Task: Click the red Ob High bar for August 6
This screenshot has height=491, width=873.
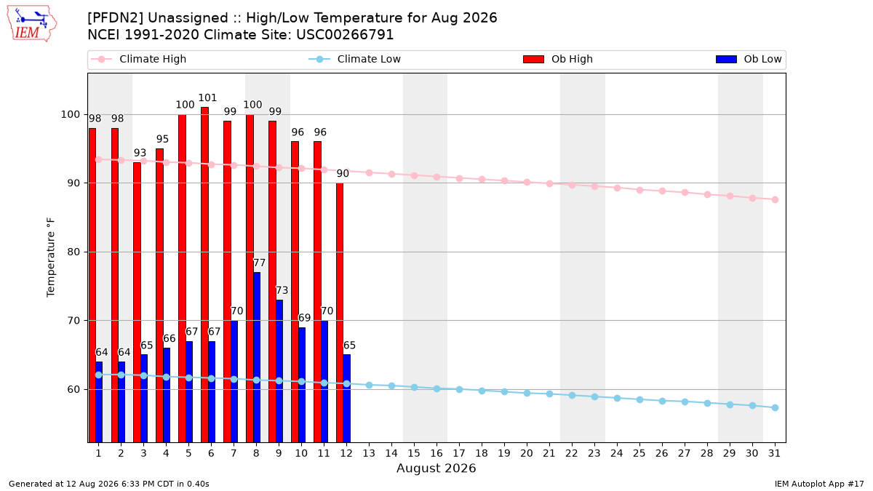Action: point(204,275)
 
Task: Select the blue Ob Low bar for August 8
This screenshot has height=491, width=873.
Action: point(256,357)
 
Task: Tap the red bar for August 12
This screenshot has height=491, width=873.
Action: point(340,313)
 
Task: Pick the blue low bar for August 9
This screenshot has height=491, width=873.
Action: point(279,371)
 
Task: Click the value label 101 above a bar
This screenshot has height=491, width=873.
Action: point(207,97)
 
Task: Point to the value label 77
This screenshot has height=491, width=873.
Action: point(259,263)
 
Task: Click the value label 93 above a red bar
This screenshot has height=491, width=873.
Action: point(140,153)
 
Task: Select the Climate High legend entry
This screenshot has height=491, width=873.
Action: point(139,59)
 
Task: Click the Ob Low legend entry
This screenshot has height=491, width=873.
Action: point(749,59)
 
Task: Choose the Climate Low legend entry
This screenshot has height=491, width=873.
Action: point(355,59)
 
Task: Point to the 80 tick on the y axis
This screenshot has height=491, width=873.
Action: point(73,252)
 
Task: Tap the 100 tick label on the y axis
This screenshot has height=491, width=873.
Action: point(70,115)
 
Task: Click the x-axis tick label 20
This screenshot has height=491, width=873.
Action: point(527,454)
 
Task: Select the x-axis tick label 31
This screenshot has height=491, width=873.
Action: point(774,454)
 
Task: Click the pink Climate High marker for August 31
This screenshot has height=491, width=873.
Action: point(776,199)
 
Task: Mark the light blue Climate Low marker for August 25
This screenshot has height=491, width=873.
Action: point(639,400)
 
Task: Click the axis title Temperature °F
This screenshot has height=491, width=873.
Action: point(51,258)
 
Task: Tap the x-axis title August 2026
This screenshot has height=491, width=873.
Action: point(436,468)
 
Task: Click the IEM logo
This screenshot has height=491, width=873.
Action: point(31,23)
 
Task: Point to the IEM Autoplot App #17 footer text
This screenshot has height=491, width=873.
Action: point(819,484)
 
